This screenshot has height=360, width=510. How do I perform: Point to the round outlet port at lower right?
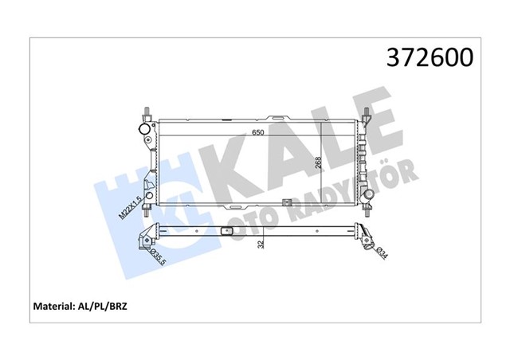[x=368, y=196]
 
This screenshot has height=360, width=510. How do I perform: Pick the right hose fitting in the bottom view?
[x=365, y=233]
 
